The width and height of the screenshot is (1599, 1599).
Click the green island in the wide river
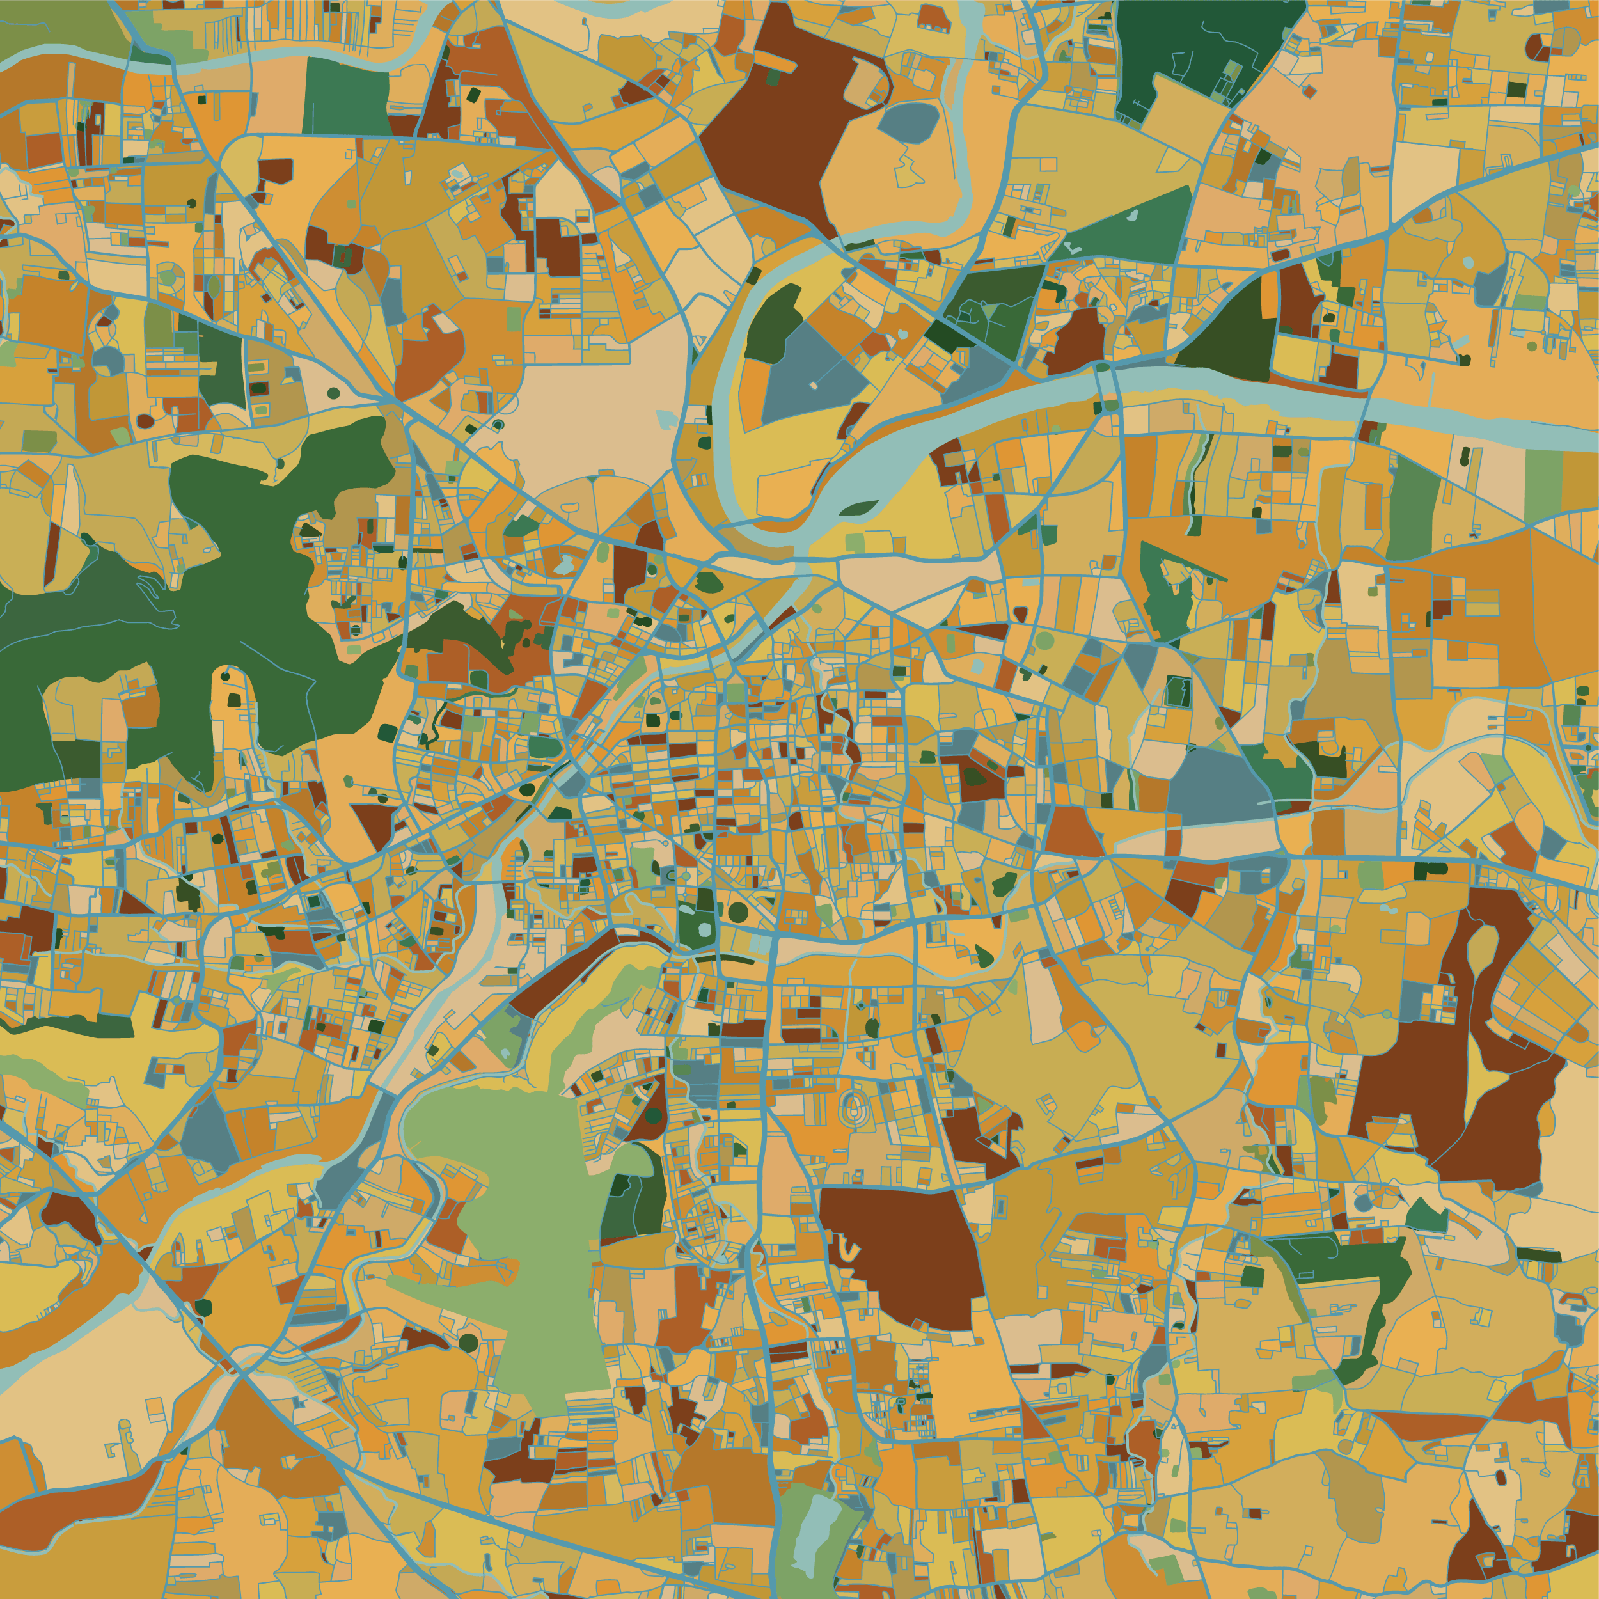tap(858, 507)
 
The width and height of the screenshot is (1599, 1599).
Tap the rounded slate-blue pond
tap(908, 122)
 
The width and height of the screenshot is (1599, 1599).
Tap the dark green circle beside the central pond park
tap(738, 912)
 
